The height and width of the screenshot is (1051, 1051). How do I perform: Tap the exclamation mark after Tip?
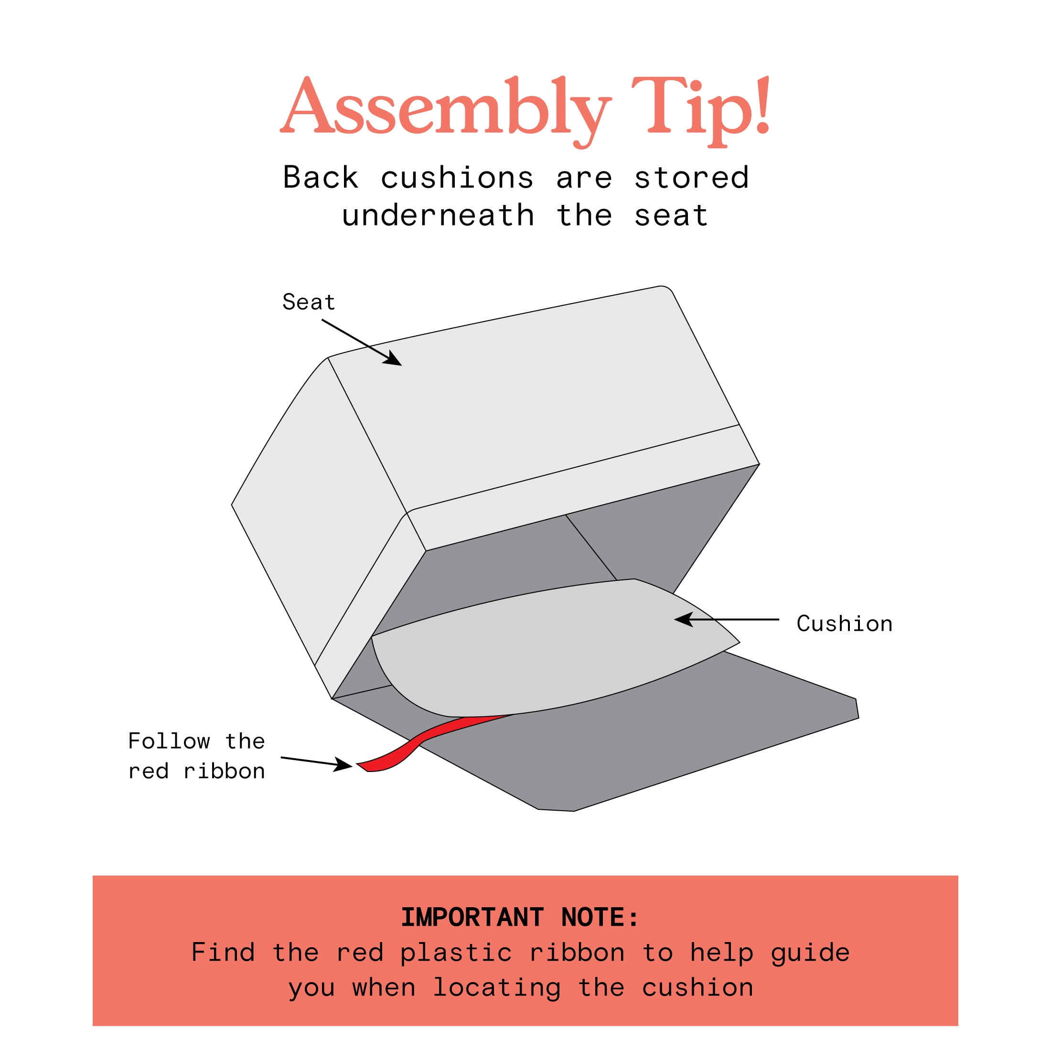pos(763,105)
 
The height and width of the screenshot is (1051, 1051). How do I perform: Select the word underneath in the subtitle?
pos(439,215)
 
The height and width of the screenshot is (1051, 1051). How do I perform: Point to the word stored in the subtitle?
pos(692,178)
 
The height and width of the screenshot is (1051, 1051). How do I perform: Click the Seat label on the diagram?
pos(309,302)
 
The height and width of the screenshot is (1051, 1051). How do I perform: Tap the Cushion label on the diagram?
pos(844,624)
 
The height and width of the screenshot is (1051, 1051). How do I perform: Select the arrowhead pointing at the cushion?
pos(683,619)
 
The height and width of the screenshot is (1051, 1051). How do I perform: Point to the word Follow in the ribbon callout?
pos(169,741)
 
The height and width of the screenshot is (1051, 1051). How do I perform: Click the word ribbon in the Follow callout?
pos(224,772)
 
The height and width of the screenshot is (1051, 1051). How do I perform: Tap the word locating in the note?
pos(497,988)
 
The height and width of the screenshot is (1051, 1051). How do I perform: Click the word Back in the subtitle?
pos(321,177)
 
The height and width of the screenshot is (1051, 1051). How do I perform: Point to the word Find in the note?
pos(223,953)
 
